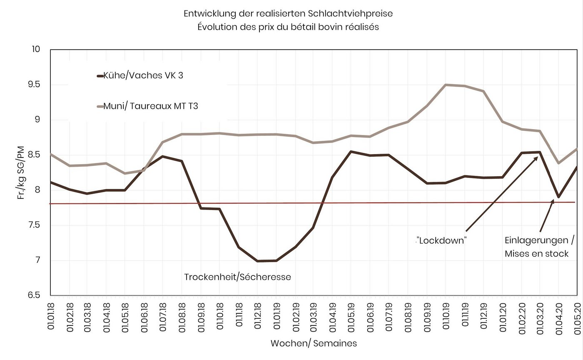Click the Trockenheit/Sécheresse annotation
[x=237, y=277]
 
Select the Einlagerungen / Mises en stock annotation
[x=539, y=247]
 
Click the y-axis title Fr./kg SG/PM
[x=21, y=172]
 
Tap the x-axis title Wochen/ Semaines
[x=314, y=344]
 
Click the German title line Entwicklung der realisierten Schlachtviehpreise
[x=288, y=14]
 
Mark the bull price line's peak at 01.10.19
[x=446, y=85]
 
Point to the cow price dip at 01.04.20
[x=558, y=197]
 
